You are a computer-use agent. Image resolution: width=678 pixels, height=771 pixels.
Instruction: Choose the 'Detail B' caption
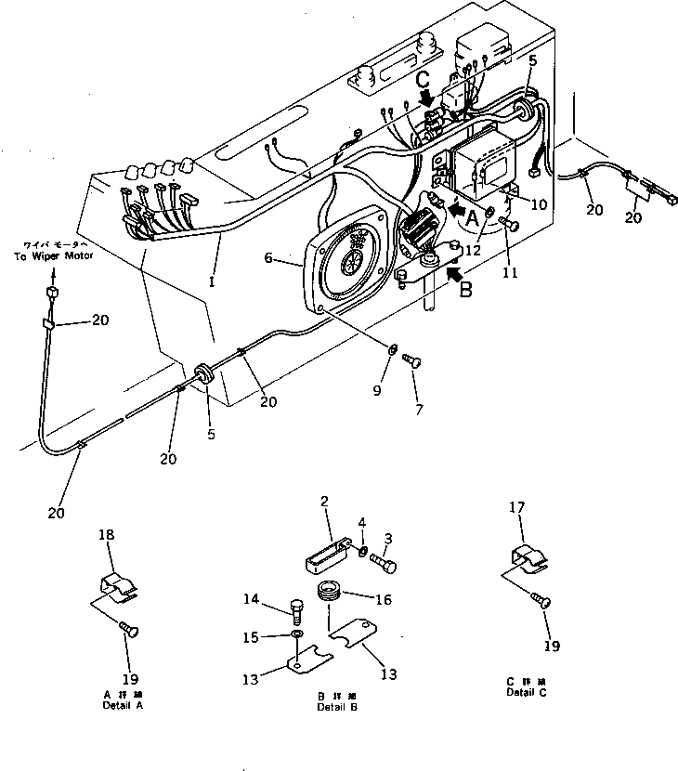338,705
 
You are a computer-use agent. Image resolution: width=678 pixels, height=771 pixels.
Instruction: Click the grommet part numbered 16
330,592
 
